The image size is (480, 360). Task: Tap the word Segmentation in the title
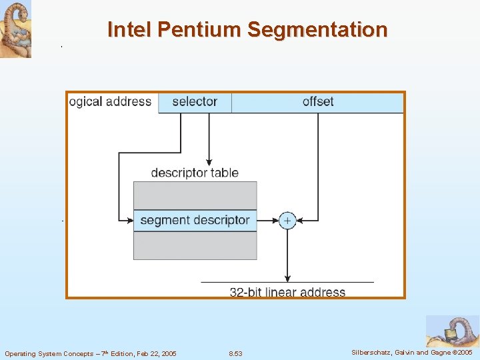tap(317, 30)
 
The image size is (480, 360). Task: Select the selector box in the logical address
tap(195, 102)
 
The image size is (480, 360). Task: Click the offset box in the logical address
tap(317, 102)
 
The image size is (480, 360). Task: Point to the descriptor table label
tap(195, 173)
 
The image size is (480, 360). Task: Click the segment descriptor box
tap(195, 220)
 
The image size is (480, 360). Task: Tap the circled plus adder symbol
tap(287, 220)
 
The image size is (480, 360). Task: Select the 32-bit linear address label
tap(287, 292)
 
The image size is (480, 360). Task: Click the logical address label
tap(111, 102)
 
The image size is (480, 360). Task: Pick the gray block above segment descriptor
tap(195, 195)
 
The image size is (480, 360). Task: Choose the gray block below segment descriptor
tap(195, 245)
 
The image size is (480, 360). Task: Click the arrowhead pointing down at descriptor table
tap(209, 161)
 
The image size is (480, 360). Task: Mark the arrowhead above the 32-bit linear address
tap(287, 278)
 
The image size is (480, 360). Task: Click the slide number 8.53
tap(235, 353)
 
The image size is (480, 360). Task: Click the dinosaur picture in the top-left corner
tap(15, 29)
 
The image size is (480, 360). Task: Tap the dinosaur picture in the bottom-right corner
tap(452, 331)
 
